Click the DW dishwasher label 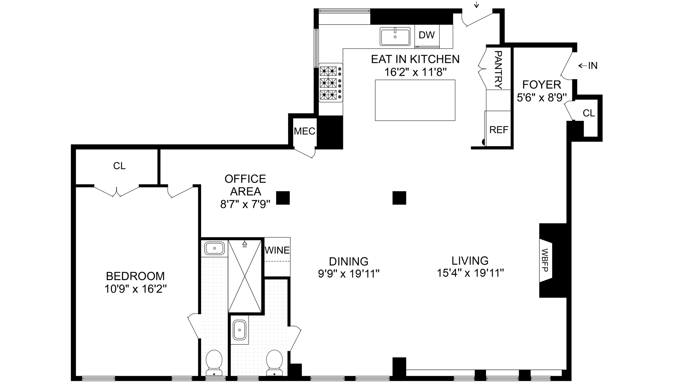[x=427, y=35]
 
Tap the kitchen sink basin [x=395, y=36]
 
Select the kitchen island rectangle [x=415, y=100]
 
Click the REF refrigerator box [x=498, y=128]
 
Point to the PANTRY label [x=498, y=70]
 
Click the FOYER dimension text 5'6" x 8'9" [x=541, y=97]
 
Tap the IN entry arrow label [x=588, y=65]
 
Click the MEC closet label [x=305, y=131]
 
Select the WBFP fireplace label [x=545, y=261]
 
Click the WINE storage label [x=277, y=250]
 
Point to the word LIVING [x=470, y=261]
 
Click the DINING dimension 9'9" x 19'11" [x=349, y=274]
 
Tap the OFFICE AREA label [x=245, y=185]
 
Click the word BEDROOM [x=135, y=276]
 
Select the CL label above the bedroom [x=119, y=166]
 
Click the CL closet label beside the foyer [x=589, y=113]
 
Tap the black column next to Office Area [x=283, y=198]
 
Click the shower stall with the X [x=245, y=276]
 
